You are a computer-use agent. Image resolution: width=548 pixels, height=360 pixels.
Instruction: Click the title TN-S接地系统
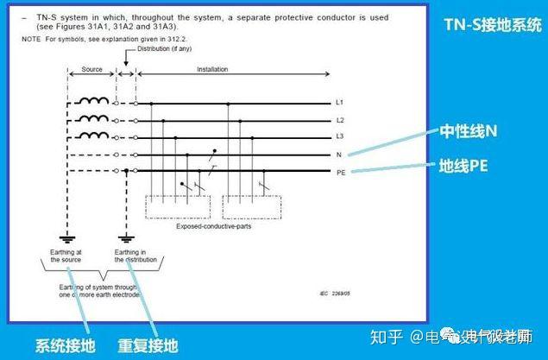(492, 24)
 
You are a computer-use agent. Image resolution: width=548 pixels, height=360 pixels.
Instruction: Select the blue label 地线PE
(464, 166)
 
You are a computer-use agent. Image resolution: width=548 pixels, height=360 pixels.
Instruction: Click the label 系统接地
(63, 345)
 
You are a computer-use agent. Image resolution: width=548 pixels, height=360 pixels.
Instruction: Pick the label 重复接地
(148, 345)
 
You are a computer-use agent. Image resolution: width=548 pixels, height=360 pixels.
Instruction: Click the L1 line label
(340, 102)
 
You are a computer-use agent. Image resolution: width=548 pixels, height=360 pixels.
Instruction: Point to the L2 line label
(340, 119)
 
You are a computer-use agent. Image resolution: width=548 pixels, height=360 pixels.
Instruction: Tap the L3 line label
(340, 136)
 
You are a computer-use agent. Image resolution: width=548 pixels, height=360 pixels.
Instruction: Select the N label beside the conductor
(339, 155)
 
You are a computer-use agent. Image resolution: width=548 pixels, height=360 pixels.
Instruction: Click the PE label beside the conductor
(341, 173)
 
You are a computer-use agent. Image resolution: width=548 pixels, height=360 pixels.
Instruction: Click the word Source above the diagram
(92, 69)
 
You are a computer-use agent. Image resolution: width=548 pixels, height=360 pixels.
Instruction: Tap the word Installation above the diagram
(213, 69)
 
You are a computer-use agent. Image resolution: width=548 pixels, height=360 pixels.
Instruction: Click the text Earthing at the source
(66, 256)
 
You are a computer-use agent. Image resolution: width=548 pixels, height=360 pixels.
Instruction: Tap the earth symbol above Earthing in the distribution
(127, 237)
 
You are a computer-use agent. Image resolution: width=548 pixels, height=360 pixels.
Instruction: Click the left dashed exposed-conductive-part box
(177, 207)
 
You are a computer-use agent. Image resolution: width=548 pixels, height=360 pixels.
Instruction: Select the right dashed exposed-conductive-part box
(252, 207)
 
